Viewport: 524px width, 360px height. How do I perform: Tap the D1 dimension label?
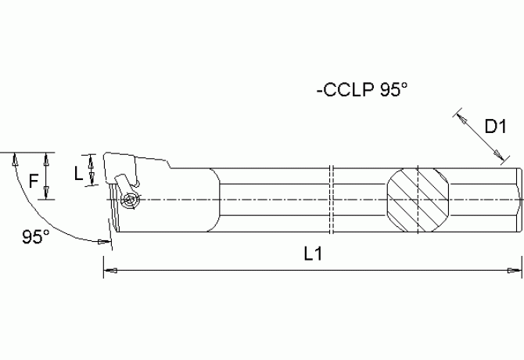497,126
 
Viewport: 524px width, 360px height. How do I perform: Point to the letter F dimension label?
33,182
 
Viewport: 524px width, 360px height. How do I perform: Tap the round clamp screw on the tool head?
129,201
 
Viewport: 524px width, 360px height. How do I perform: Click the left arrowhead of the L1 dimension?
109,270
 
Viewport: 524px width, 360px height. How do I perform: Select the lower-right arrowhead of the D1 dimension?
501,160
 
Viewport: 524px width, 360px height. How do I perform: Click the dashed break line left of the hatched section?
332,200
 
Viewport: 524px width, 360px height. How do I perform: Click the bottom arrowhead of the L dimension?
93,181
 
